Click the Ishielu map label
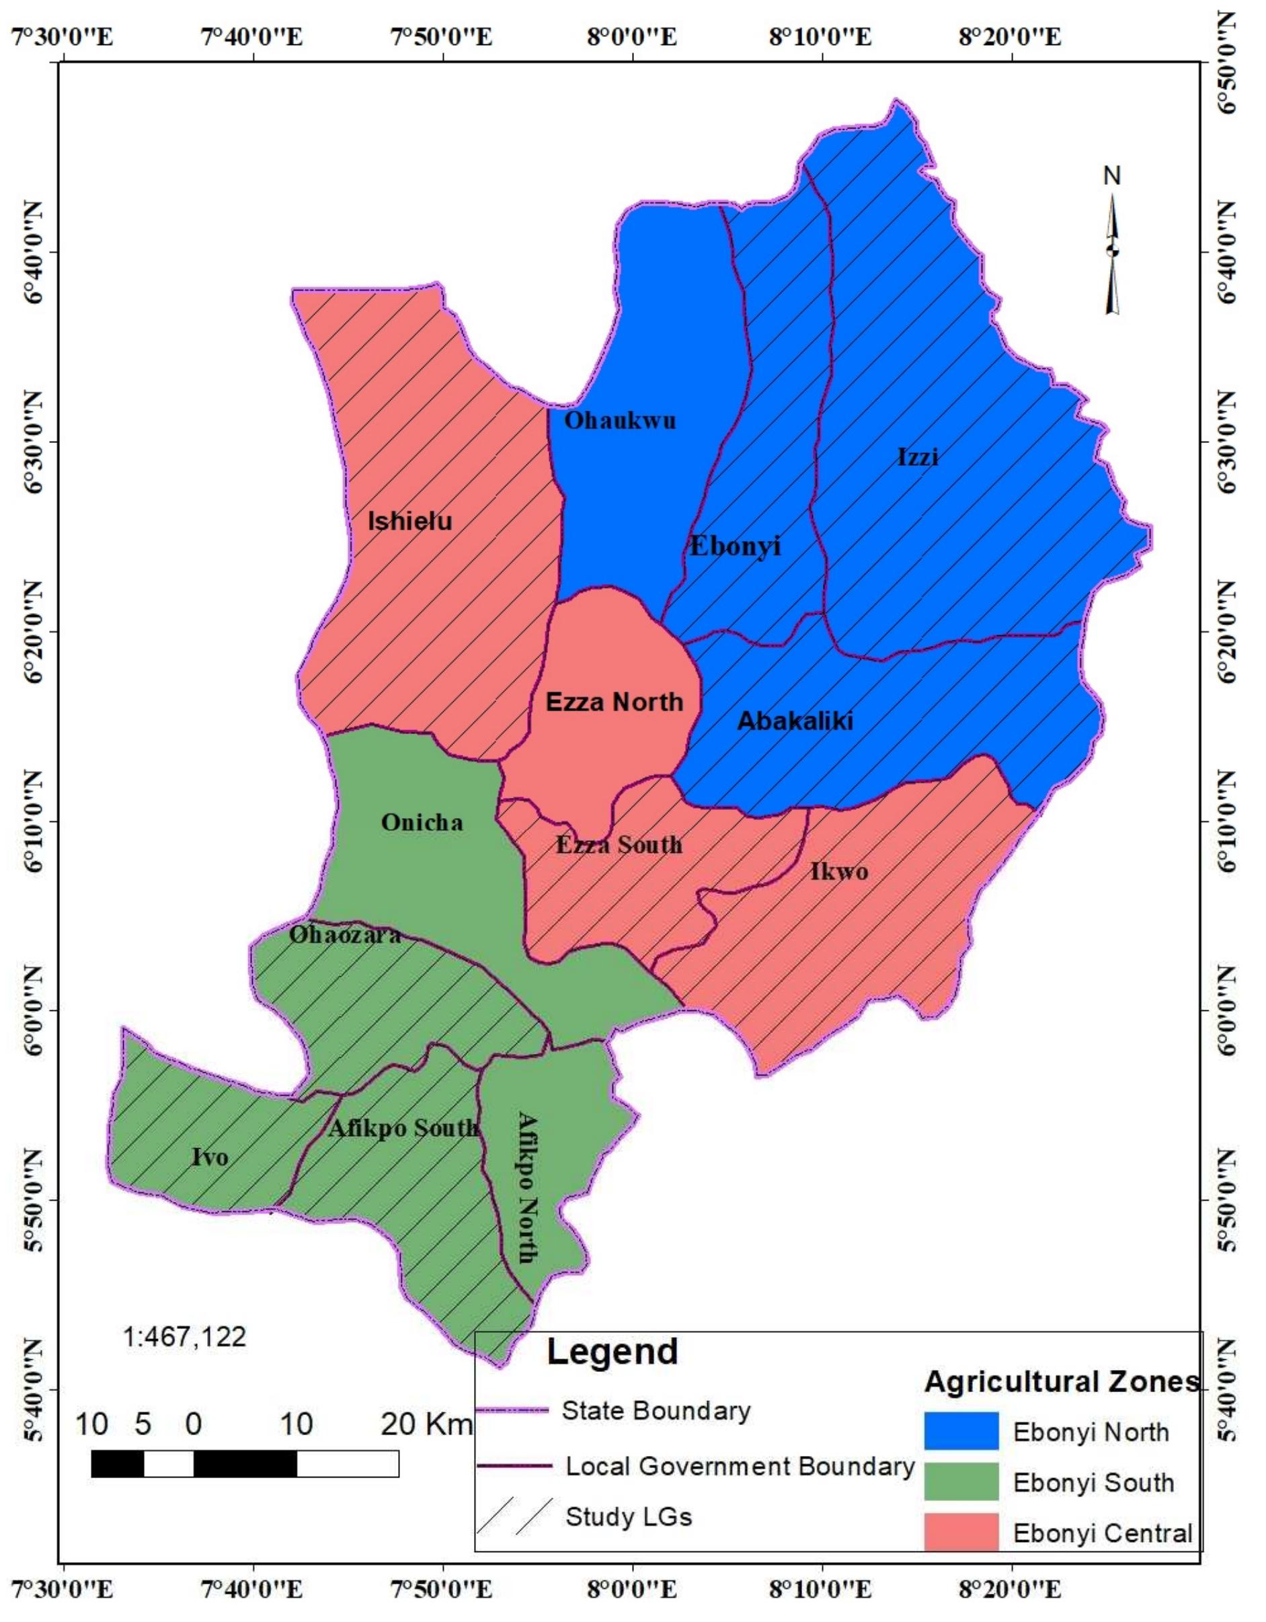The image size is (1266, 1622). pyautogui.click(x=410, y=522)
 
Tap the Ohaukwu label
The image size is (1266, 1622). pyautogui.click(x=621, y=420)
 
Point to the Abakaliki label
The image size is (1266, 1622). pyautogui.click(x=795, y=721)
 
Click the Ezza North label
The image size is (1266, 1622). pyautogui.click(x=615, y=702)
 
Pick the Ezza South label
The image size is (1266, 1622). pyautogui.click(x=619, y=844)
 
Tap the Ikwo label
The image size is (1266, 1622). pyautogui.click(x=839, y=871)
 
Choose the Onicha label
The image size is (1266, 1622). pyautogui.click(x=422, y=822)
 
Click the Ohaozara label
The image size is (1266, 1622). pyautogui.click(x=345, y=934)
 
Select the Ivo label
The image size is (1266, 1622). pyautogui.click(x=210, y=1157)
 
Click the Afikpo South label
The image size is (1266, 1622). pyautogui.click(x=403, y=1128)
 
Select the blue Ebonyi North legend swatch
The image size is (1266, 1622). pyautogui.click(x=961, y=1431)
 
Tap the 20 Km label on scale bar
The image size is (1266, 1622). pyautogui.click(x=426, y=1424)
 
